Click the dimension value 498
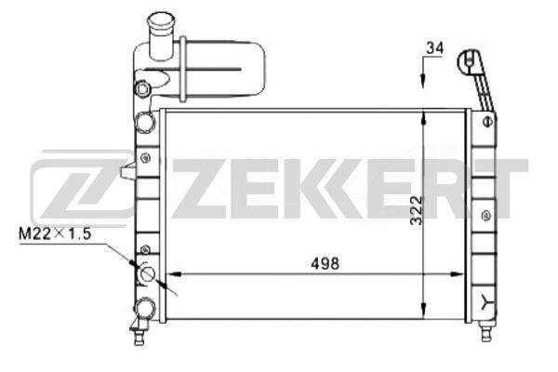coord(325,263)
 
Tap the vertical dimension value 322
coord(417,210)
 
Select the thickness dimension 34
coord(435,48)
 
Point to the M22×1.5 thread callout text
coord(55,233)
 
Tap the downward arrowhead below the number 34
coord(422,81)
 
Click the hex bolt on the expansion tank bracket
coord(142,89)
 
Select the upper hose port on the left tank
coord(146,122)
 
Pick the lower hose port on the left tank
coord(145,308)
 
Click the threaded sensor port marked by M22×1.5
coord(147,273)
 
